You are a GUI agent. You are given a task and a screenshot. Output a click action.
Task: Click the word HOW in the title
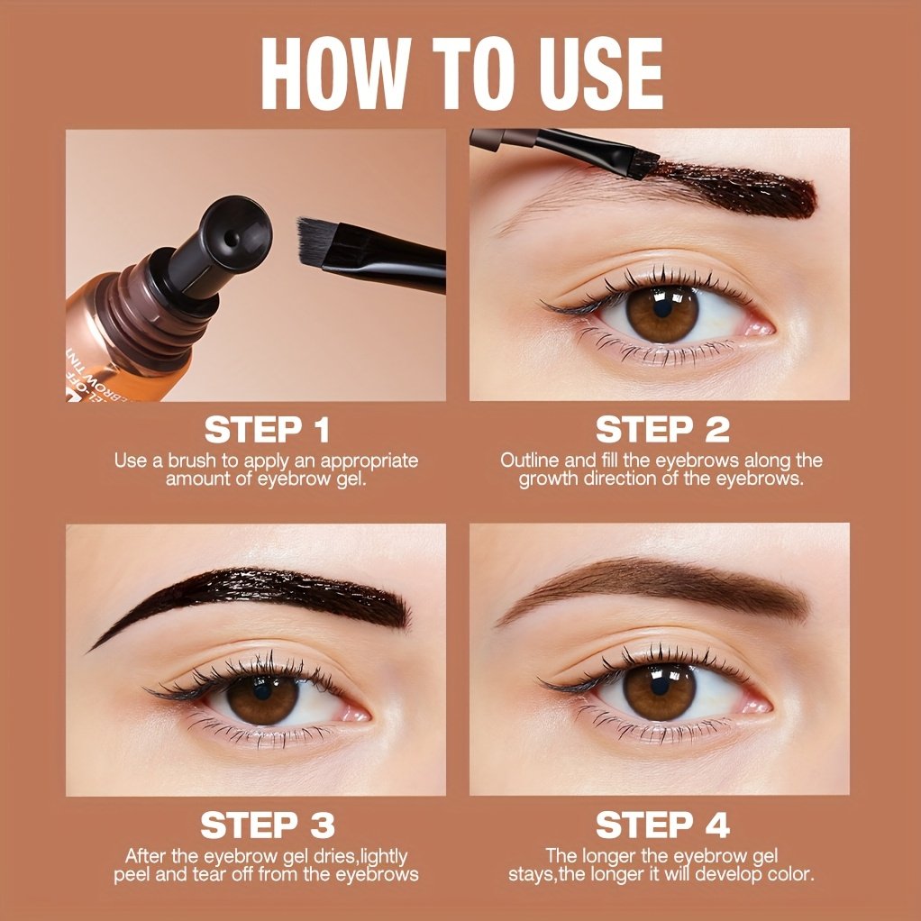(335, 74)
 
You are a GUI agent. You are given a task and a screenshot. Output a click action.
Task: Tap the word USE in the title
(601, 74)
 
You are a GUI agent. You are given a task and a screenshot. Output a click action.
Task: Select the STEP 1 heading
(268, 430)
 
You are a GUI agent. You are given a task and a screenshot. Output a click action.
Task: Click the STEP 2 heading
(662, 430)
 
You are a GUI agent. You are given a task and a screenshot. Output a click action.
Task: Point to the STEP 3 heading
(268, 825)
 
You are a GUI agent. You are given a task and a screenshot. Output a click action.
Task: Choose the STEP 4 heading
(662, 825)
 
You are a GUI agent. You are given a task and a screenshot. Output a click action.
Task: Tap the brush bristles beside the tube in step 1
(317, 240)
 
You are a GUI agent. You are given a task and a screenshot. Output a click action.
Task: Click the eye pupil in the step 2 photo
(662, 307)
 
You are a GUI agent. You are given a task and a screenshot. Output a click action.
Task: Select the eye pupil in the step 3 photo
(262, 690)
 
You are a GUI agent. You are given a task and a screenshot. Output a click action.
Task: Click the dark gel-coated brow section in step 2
(737, 188)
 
